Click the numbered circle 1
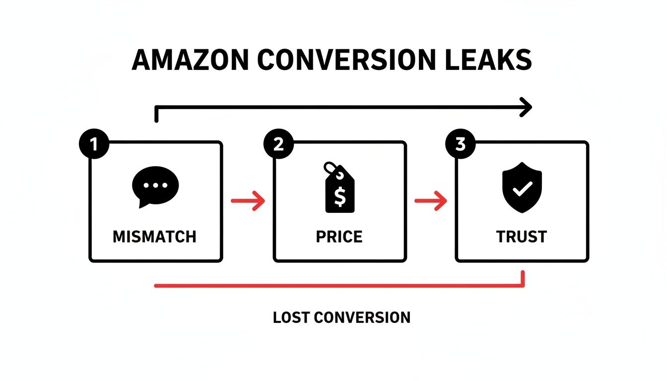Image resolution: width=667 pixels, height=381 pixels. tap(93, 145)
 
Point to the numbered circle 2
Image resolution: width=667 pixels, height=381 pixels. tap(278, 145)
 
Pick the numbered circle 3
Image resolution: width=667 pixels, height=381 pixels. tap(461, 145)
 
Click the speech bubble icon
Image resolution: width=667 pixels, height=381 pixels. tap(155, 187)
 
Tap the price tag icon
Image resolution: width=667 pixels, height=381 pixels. tap(339, 188)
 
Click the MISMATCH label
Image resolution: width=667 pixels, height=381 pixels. tap(155, 237)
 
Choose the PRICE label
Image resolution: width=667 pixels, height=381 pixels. tap(339, 237)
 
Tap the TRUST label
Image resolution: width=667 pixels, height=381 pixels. tap(522, 237)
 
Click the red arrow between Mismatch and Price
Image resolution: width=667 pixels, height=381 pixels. tap(248, 201)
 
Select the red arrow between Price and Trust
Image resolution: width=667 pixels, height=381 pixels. tap(431, 201)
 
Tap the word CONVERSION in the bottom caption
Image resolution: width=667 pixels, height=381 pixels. tap(361, 318)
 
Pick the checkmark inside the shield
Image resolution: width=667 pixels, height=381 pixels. tap(523, 188)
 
